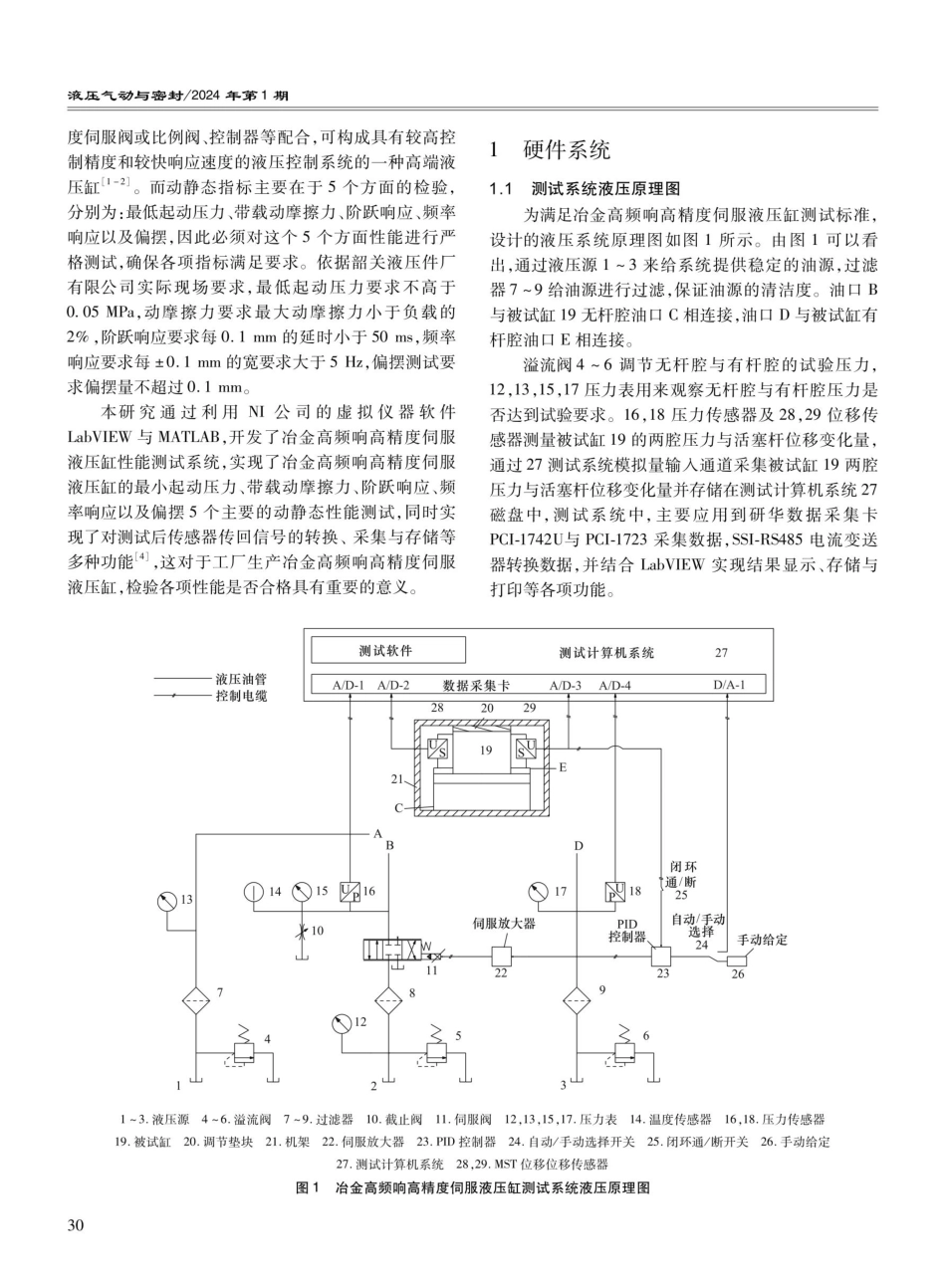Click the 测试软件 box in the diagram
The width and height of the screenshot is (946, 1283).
tap(387, 651)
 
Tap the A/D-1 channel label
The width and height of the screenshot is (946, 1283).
tap(335, 684)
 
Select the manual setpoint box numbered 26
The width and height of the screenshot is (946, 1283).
tap(738, 962)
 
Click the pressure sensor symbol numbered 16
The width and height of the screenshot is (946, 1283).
tap(351, 891)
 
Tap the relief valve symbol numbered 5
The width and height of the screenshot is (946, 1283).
tap(436, 1051)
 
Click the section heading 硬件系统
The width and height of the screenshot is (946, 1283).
tap(566, 151)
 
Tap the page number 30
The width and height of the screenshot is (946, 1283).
tap(75, 1223)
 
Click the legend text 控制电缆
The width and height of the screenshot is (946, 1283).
tap(241, 697)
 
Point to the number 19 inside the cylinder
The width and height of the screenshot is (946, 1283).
tap(485, 750)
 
